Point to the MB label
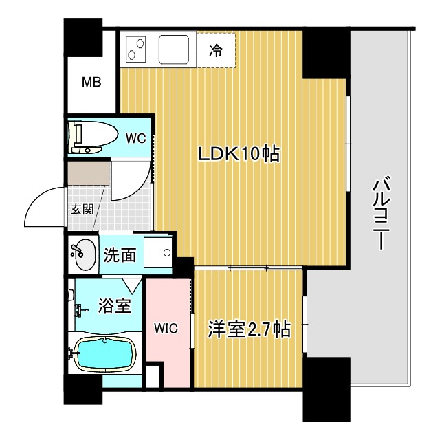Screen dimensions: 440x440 [92, 83]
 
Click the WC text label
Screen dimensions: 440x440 [135, 137]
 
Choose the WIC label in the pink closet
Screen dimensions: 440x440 [166, 329]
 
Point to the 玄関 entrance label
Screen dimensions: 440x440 [80, 210]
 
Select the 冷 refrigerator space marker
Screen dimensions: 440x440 [215, 51]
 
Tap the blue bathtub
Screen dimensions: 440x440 [103, 355]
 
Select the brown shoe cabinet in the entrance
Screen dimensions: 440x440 [88, 173]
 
